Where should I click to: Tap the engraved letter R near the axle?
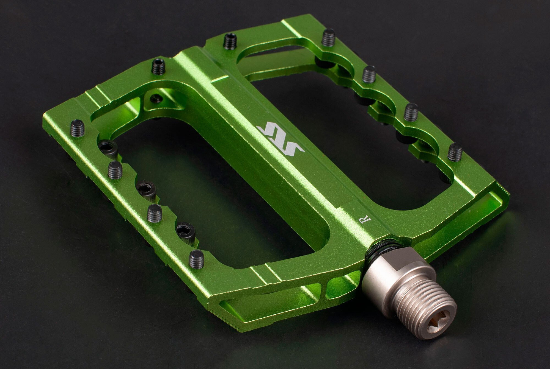[x=366, y=220]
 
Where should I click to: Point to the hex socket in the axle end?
[x=439, y=324]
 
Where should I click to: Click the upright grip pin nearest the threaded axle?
[x=196, y=259]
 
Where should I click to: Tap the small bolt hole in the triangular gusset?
[x=156, y=98]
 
